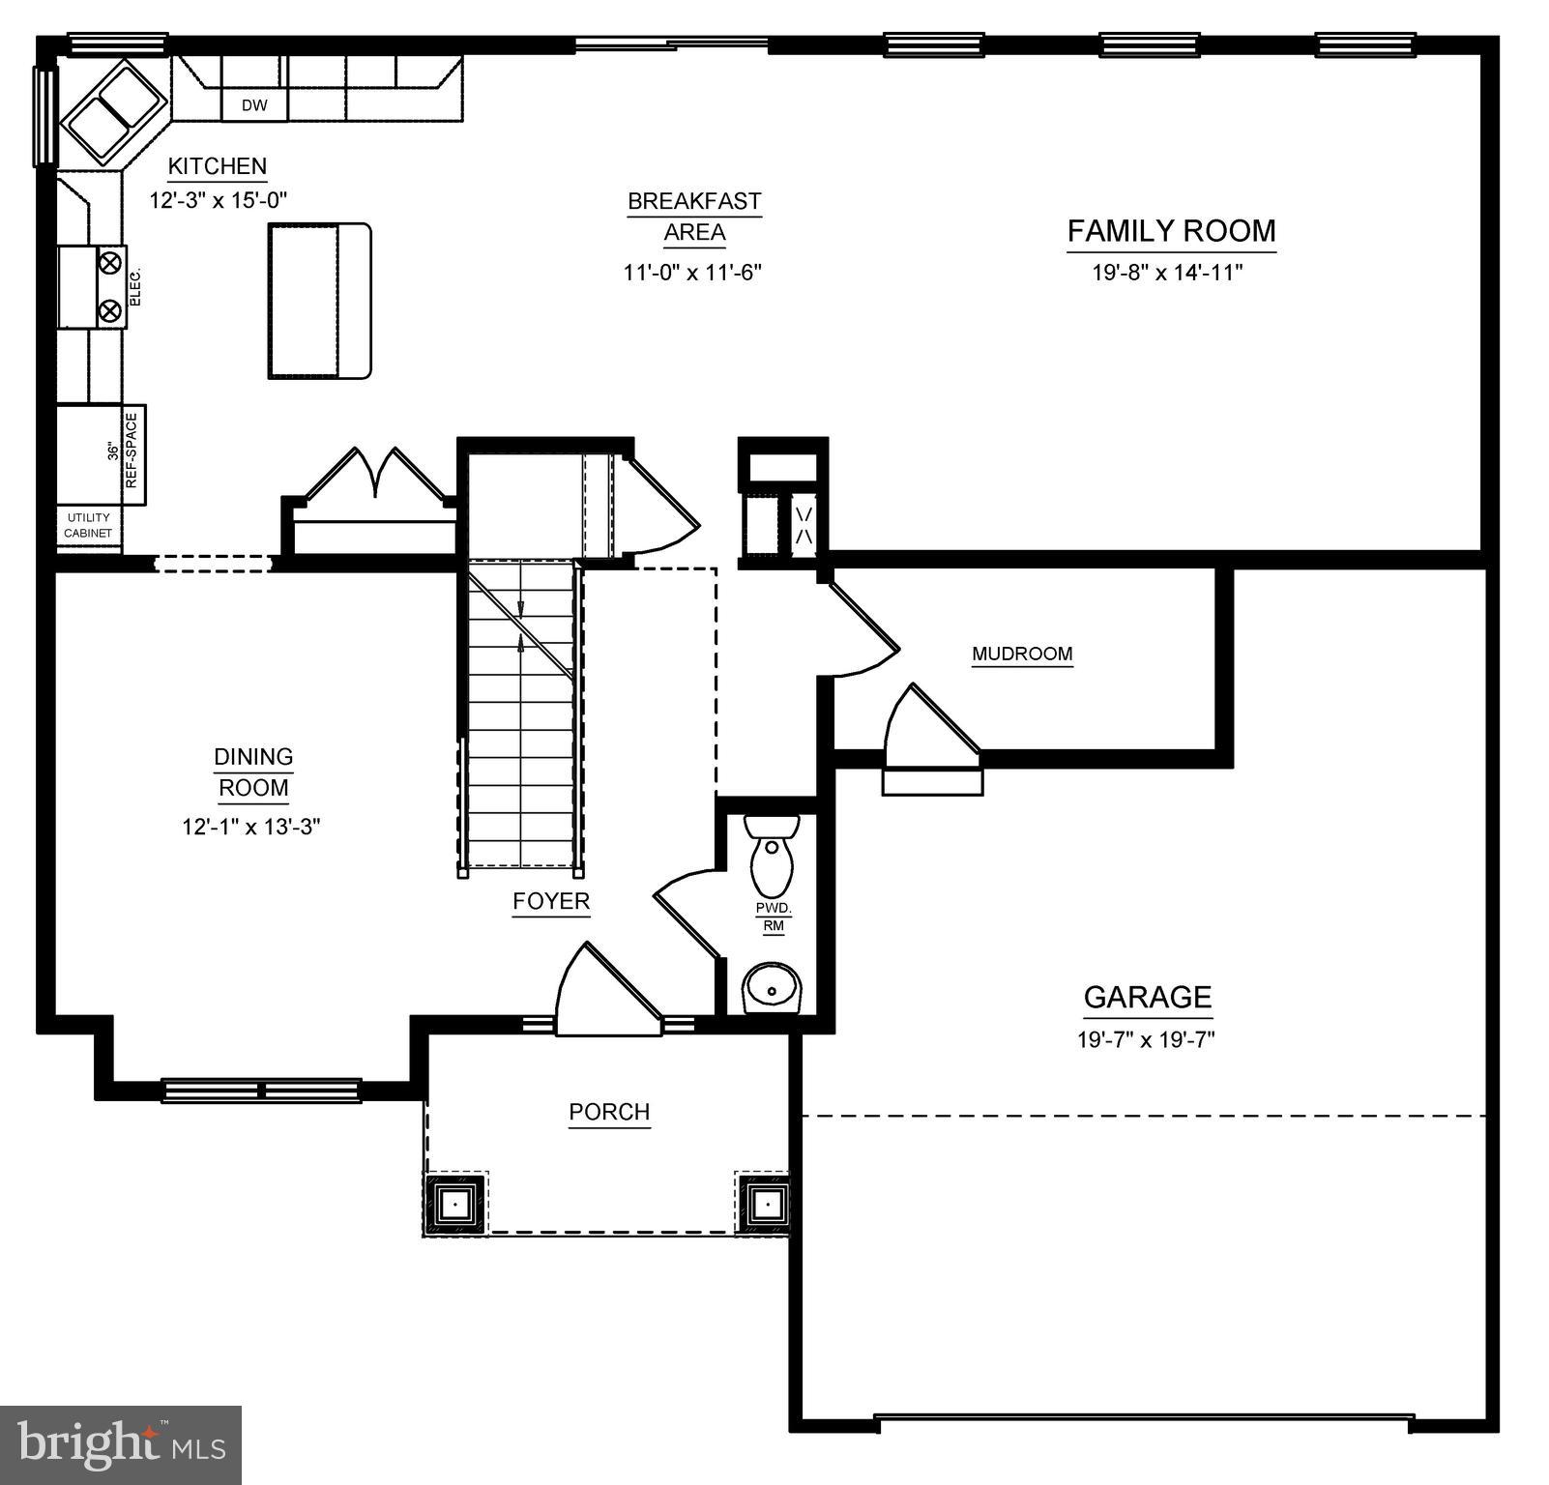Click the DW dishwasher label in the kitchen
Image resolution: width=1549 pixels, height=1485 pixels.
point(254,105)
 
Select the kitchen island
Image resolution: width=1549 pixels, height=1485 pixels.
point(319,301)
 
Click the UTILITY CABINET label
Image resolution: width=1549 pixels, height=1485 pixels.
point(89,526)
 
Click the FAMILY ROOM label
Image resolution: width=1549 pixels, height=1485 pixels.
point(1171,231)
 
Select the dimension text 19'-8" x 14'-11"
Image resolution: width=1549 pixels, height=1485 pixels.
point(1167,273)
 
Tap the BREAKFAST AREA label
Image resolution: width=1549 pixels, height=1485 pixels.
point(694,217)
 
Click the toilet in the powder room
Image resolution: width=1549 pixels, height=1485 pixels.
point(772,855)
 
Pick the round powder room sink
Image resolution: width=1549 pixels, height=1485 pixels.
point(772,988)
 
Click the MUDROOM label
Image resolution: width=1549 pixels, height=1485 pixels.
point(1022,654)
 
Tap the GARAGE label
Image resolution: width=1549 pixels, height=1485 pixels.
point(1147,997)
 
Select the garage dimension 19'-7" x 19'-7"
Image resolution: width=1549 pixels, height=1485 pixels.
point(1146,1040)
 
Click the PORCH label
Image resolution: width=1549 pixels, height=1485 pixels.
point(609,1112)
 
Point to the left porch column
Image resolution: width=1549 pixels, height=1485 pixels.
point(454,1204)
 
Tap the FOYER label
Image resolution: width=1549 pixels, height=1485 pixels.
point(551,901)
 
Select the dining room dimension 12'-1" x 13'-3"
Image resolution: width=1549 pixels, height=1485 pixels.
point(251,827)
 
